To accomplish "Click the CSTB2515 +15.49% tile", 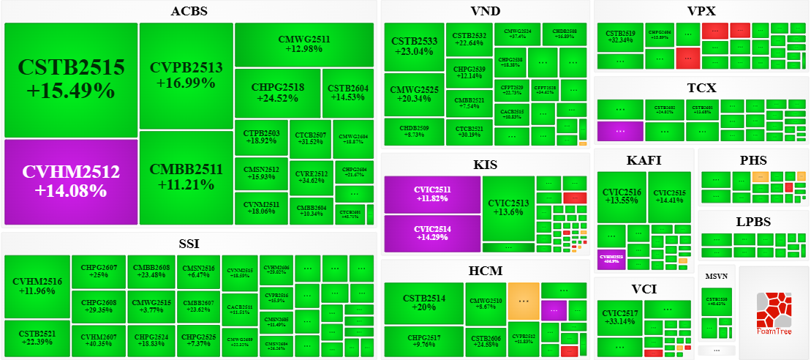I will [71, 80].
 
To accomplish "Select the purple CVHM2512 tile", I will [71, 181].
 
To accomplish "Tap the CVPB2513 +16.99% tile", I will [186, 75].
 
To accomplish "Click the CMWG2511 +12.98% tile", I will [304, 44].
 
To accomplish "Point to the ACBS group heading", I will [189, 11].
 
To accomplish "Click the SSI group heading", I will [189, 243].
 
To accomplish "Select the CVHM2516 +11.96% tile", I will [37, 286].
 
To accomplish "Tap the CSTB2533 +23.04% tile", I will [414, 46].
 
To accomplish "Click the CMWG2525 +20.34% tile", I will [414, 94].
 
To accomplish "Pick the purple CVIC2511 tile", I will [432, 194].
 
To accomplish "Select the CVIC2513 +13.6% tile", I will [508, 208].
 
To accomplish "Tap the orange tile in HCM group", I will [524, 300].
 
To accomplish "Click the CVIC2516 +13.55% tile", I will [622, 197].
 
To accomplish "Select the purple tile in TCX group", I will [620, 131].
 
